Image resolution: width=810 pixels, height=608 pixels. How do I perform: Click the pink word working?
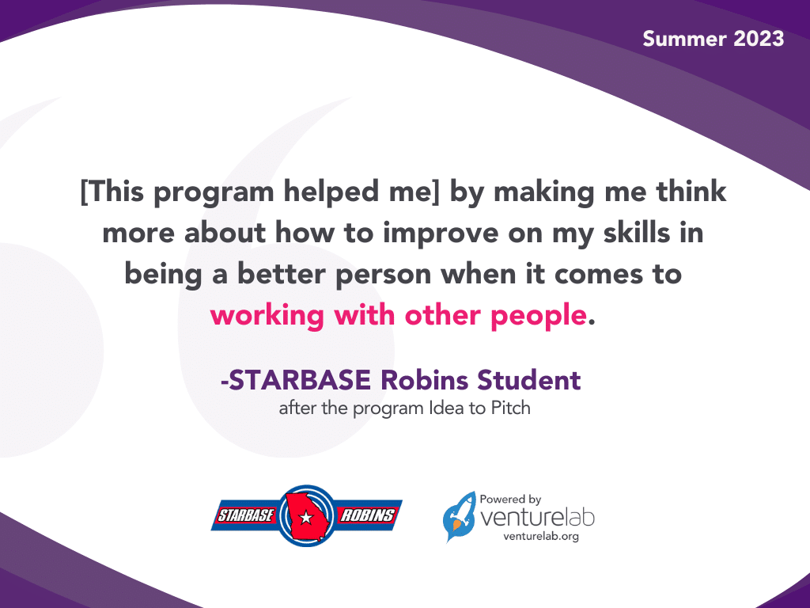[267, 316]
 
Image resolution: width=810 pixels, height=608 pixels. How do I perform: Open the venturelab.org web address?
[536, 536]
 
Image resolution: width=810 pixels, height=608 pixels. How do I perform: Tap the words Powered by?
[510, 500]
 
